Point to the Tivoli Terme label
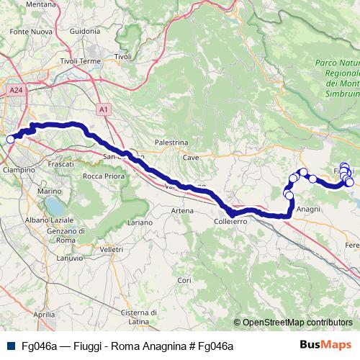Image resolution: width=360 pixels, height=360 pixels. click(x=81, y=61)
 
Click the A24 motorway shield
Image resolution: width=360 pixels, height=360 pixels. click(x=17, y=90)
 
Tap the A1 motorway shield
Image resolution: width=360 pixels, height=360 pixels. click(x=104, y=109)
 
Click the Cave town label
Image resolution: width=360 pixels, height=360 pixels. click(x=191, y=157)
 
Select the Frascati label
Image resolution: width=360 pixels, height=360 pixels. click(x=60, y=164)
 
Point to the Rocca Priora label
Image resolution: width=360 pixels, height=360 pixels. click(x=101, y=176)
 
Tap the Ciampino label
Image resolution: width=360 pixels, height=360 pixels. click(x=19, y=169)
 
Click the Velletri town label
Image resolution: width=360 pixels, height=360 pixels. click(x=112, y=248)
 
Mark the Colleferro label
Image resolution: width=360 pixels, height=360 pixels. click(x=231, y=222)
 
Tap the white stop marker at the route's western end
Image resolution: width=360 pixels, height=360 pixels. click(x=10, y=139)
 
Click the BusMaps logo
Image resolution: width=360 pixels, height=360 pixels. click(x=325, y=346)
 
